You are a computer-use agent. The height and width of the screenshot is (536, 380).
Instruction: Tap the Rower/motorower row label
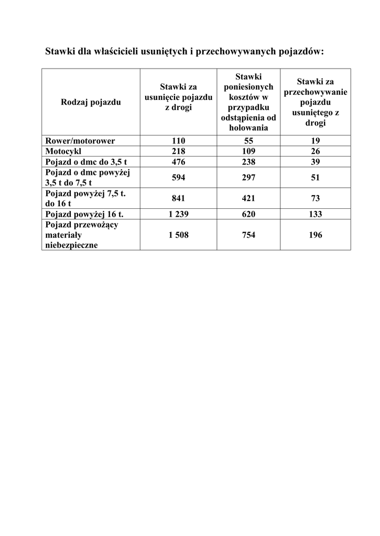(x=80, y=141)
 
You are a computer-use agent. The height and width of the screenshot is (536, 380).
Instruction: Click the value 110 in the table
(x=178, y=141)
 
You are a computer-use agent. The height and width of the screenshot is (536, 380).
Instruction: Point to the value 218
(x=178, y=151)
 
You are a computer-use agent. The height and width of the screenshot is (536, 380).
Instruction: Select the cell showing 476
(x=178, y=162)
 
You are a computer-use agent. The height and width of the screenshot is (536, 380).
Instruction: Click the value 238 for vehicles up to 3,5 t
(x=248, y=162)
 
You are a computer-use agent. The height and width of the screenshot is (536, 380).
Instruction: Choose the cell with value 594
(x=178, y=177)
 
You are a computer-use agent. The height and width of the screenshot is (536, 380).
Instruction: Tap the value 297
(x=248, y=177)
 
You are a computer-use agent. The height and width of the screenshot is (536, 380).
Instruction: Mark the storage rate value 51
(x=315, y=177)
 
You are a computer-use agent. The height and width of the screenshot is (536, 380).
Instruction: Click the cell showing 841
(x=178, y=198)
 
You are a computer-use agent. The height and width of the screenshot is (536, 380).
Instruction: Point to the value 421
(x=248, y=198)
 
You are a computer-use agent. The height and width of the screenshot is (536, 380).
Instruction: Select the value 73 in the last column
(x=315, y=198)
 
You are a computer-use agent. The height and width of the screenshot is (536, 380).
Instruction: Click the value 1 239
(x=178, y=214)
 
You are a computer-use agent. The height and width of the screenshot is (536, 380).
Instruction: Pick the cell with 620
(x=248, y=214)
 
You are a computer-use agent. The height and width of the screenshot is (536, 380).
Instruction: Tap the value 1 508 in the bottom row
(x=178, y=235)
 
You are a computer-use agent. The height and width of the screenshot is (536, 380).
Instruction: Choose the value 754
(x=248, y=235)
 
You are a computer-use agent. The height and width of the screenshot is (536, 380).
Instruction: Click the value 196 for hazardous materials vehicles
(x=315, y=235)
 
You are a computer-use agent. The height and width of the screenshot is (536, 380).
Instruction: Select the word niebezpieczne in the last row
(x=71, y=245)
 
